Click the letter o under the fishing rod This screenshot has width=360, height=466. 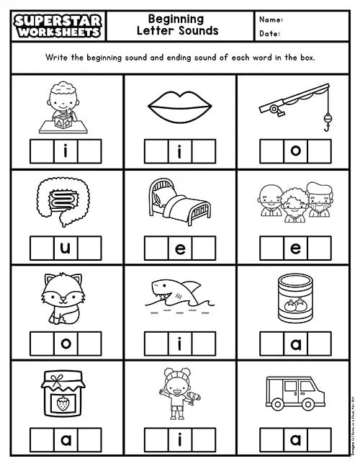pos(295,151)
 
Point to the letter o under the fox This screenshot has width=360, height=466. pos(66,343)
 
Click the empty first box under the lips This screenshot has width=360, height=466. pos(156,151)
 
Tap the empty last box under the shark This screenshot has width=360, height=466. pos(204,343)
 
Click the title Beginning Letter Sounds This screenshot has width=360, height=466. pos(176,24)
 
